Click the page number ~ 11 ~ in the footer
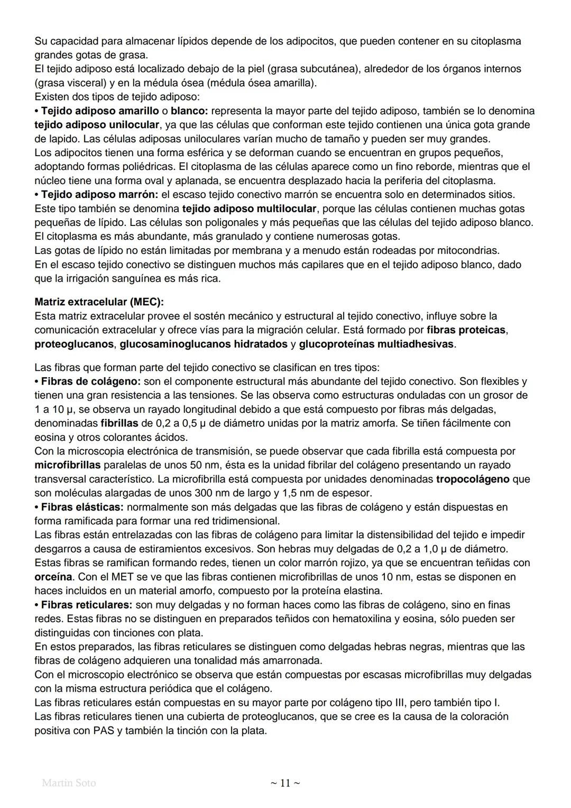(x=285, y=783)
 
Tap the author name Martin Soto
(x=69, y=783)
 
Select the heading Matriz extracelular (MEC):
(x=99, y=302)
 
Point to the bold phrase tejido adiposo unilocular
(x=97, y=125)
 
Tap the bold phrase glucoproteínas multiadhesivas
(x=376, y=344)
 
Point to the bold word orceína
(x=53, y=577)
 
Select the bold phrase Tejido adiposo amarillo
(x=100, y=111)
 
